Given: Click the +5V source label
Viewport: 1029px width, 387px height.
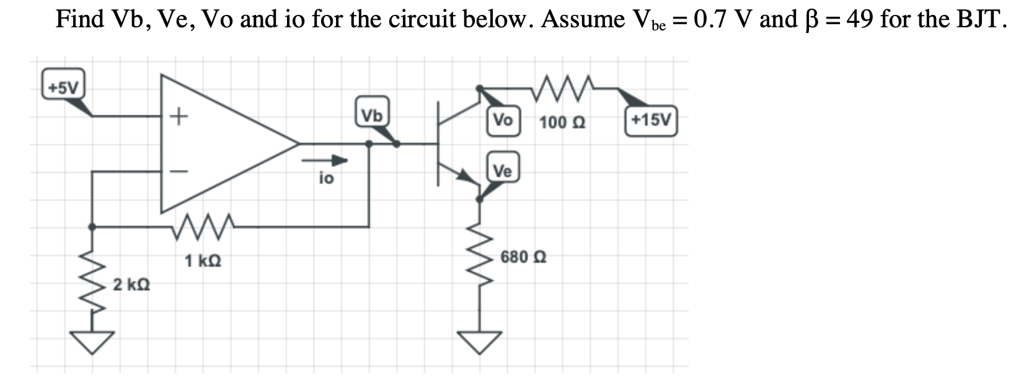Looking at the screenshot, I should [x=63, y=87].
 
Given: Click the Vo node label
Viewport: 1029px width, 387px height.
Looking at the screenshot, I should [x=502, y=120].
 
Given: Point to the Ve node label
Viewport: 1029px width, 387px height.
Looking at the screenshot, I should [x=502, y=171].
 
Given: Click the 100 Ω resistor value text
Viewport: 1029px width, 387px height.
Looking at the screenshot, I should [x=562, y=122].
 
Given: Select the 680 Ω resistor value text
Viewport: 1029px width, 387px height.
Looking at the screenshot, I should [x=523, y=257].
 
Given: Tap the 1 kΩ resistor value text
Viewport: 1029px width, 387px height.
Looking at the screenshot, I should [x=203, y=261].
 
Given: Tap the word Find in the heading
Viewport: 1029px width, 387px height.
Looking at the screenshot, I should [x=80, y=20].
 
